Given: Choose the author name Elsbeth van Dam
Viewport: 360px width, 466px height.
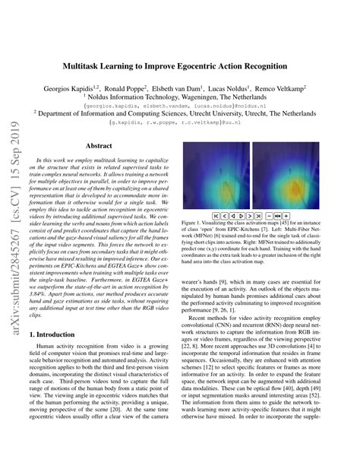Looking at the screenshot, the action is (x=199, y=88).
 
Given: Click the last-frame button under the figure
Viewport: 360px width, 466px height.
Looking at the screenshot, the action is (x=258, y=216).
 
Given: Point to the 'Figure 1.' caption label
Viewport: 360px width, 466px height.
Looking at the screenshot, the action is (x=193, y=224).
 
